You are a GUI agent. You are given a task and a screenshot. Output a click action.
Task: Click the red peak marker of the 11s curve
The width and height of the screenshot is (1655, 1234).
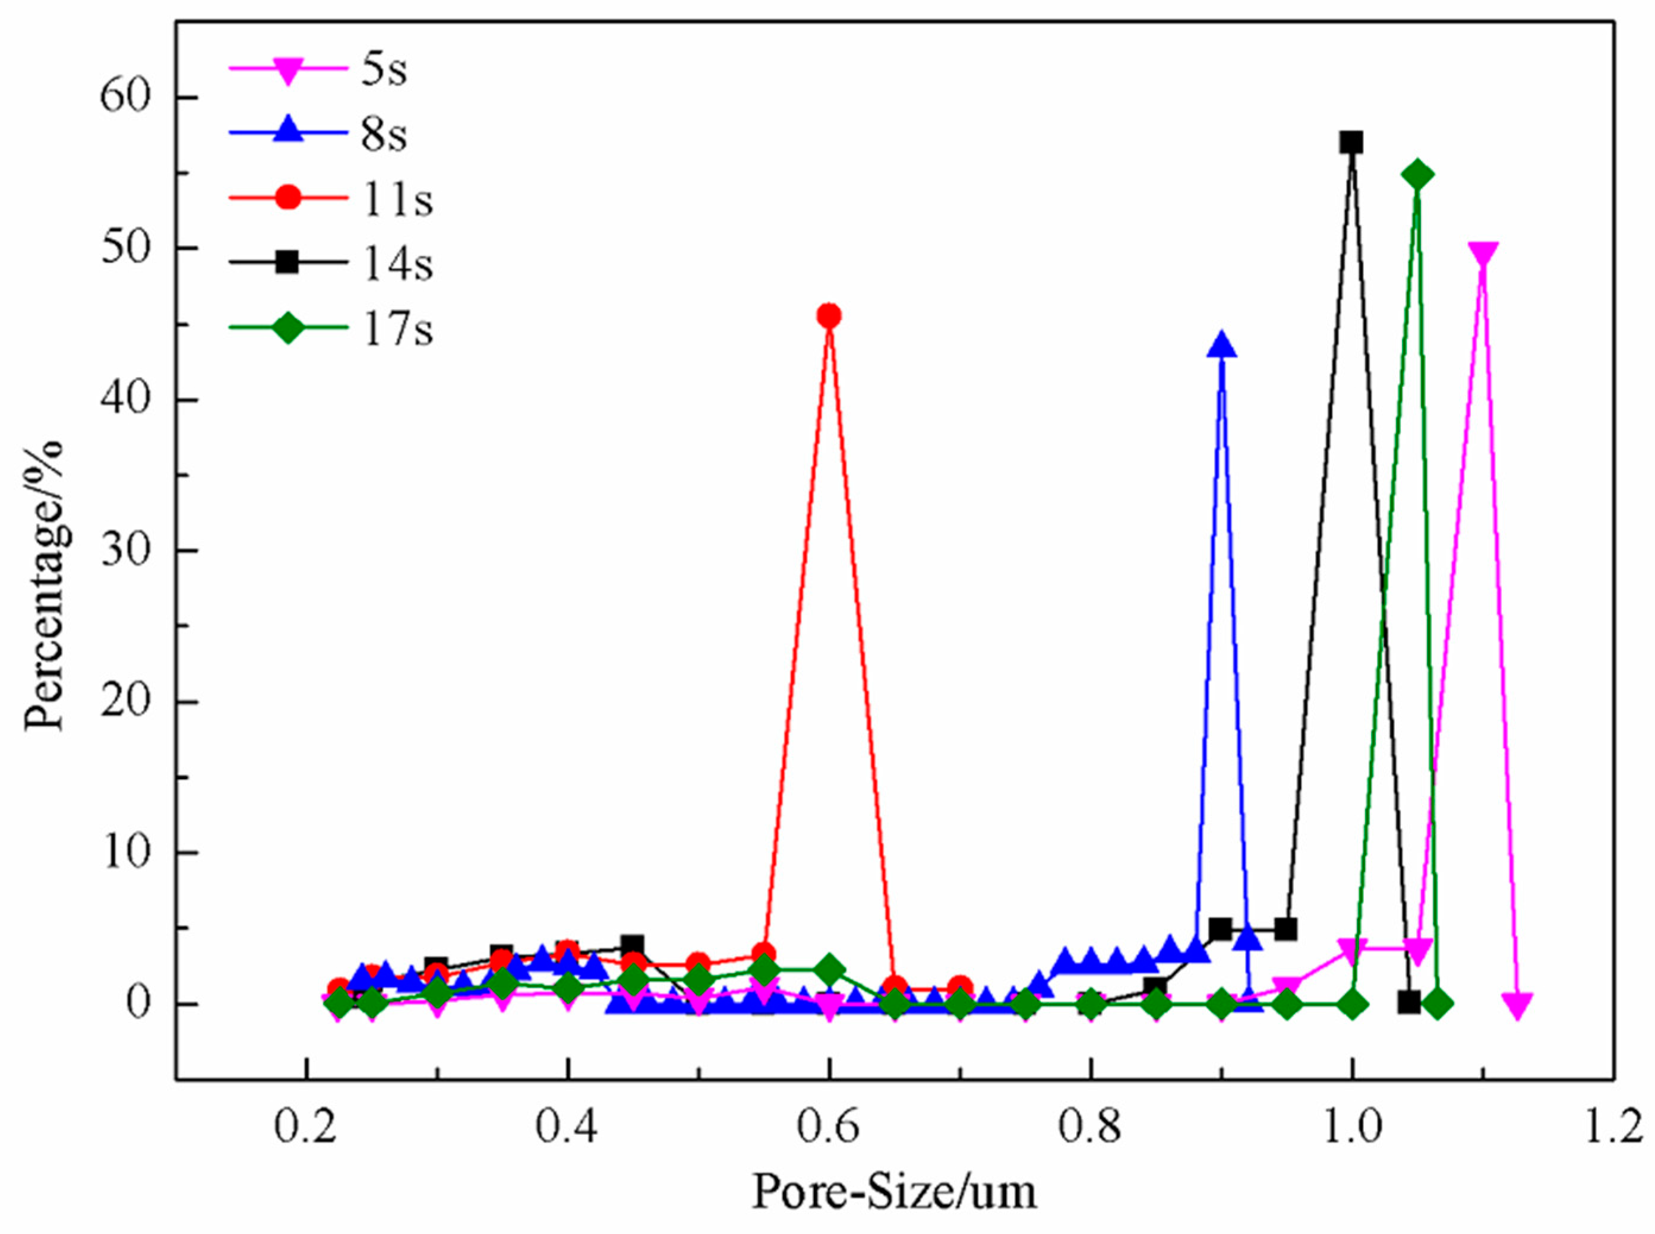pyautogui.click(x=828, y=316)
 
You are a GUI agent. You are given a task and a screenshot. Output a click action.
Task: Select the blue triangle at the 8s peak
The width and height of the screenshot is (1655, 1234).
pyautogui.click(x=1221, y=346)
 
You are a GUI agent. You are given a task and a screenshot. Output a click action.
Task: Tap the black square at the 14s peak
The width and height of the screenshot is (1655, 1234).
pyautogui.click(x=1351, y=142)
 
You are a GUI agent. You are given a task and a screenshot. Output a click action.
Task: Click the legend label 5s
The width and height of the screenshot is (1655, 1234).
pyautogui.click(x=384, y=70)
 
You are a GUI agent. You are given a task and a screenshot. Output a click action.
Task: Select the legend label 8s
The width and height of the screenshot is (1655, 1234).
pyautogui.click(x=384, y=135)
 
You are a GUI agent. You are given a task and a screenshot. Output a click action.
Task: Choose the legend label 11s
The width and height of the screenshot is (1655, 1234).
pyautogui.click(x=397, y=200)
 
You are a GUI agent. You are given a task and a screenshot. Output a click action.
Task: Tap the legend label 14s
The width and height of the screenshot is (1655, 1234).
pyautogui.click(x=397, y=264)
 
